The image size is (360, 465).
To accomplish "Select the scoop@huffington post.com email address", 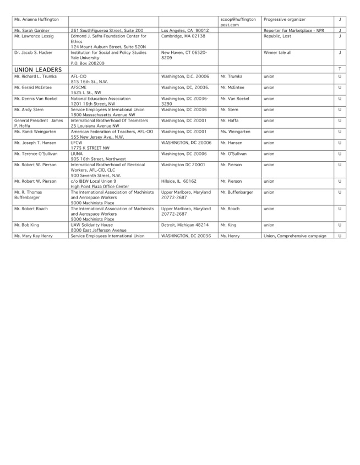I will point(238,22).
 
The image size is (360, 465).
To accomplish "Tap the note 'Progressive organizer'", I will point(285,19).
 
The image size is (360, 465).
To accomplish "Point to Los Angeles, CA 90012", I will point(185,30).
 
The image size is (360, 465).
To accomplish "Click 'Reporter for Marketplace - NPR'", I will point(294,30).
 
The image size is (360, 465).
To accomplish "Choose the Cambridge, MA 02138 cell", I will point(183,36).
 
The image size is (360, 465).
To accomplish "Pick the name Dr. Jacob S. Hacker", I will point(34,52).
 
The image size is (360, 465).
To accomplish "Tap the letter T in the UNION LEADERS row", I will point(340,69).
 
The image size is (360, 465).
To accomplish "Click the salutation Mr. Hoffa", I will point(230,121).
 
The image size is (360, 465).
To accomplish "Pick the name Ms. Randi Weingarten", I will point(36,132).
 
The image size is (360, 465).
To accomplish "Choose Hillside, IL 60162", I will point(179,181).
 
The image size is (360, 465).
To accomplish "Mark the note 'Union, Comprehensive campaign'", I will point(295,236).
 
